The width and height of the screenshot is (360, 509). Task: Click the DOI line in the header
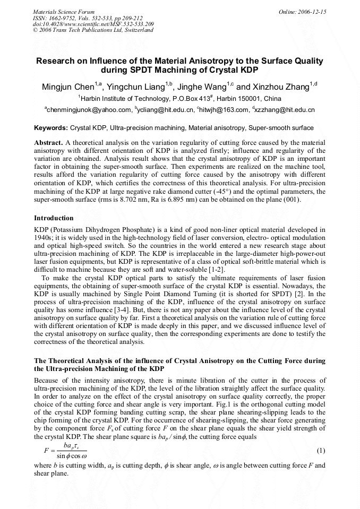pyautogui.click(x=93, y=24)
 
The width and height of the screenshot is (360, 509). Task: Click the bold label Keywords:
pyautogui.click(x=51, y=128)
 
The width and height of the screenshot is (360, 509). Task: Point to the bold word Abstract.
pyautogui.click(x=48, y=143)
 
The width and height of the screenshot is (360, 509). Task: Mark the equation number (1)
pyautogui.click(x=321, y=451)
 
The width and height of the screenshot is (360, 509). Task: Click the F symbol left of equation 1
pyautogui.click(x=46, y=451)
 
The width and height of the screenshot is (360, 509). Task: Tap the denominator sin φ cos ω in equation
pyautogui.click(x=71, y=456)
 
